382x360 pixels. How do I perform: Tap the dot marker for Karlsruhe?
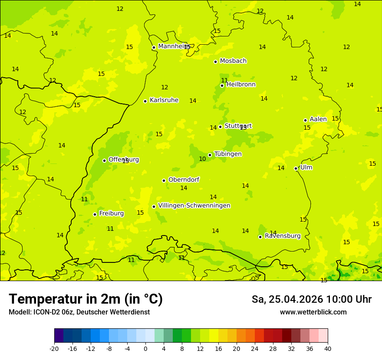coord(145,101)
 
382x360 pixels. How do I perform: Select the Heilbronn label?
coord(241,85)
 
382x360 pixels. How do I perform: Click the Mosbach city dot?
coord(215,62)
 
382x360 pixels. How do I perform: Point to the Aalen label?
coord(318,119)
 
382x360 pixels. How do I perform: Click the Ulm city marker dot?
coord(296,168)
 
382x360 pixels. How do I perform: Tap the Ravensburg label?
coord(283,236)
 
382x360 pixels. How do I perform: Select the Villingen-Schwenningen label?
coord(194,206)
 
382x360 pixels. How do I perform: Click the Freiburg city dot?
coord(95,214)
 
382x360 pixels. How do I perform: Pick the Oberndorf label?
coord(184,180)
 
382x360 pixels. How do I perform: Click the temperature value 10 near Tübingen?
coord(202,159)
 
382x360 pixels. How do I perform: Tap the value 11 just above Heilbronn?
coord(224,80)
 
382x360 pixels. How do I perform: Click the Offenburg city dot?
coord(104,160)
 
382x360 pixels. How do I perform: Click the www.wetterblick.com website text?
coord(313,312)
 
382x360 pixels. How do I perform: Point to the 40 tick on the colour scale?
coord(327,349)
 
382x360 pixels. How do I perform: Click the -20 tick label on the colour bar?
coord(54,349)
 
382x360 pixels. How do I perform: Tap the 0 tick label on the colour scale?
coord(145,349)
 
